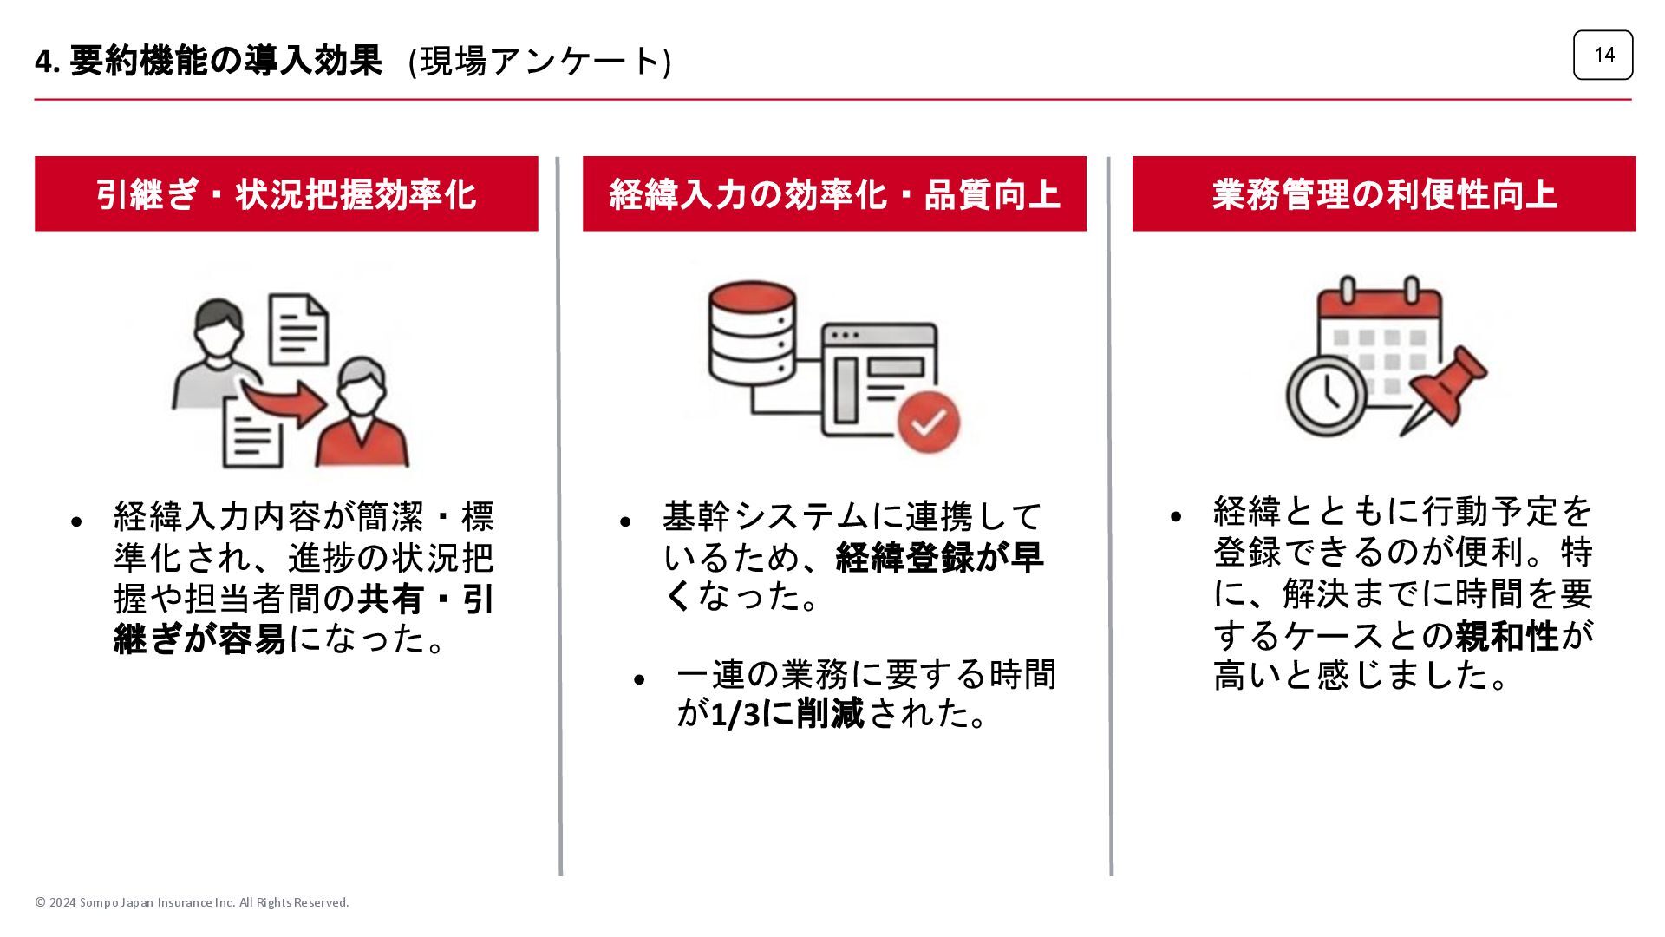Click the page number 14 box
coord(1603,55)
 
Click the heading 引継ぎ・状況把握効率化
coord(286,194)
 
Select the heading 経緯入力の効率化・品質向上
coord(834,194)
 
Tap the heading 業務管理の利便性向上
coord(1384,194)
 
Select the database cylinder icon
coord(751,334)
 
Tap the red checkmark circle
coord(929,423)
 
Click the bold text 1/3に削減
coord(787,714)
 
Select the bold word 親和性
coord(1506,637)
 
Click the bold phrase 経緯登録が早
coord(939,558)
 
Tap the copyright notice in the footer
coord(192,902)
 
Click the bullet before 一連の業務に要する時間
coord(639,679)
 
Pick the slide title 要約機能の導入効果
coord(225,61)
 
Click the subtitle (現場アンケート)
coord(539,62)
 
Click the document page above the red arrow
coord(299,329)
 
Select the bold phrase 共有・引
coord(426,600)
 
